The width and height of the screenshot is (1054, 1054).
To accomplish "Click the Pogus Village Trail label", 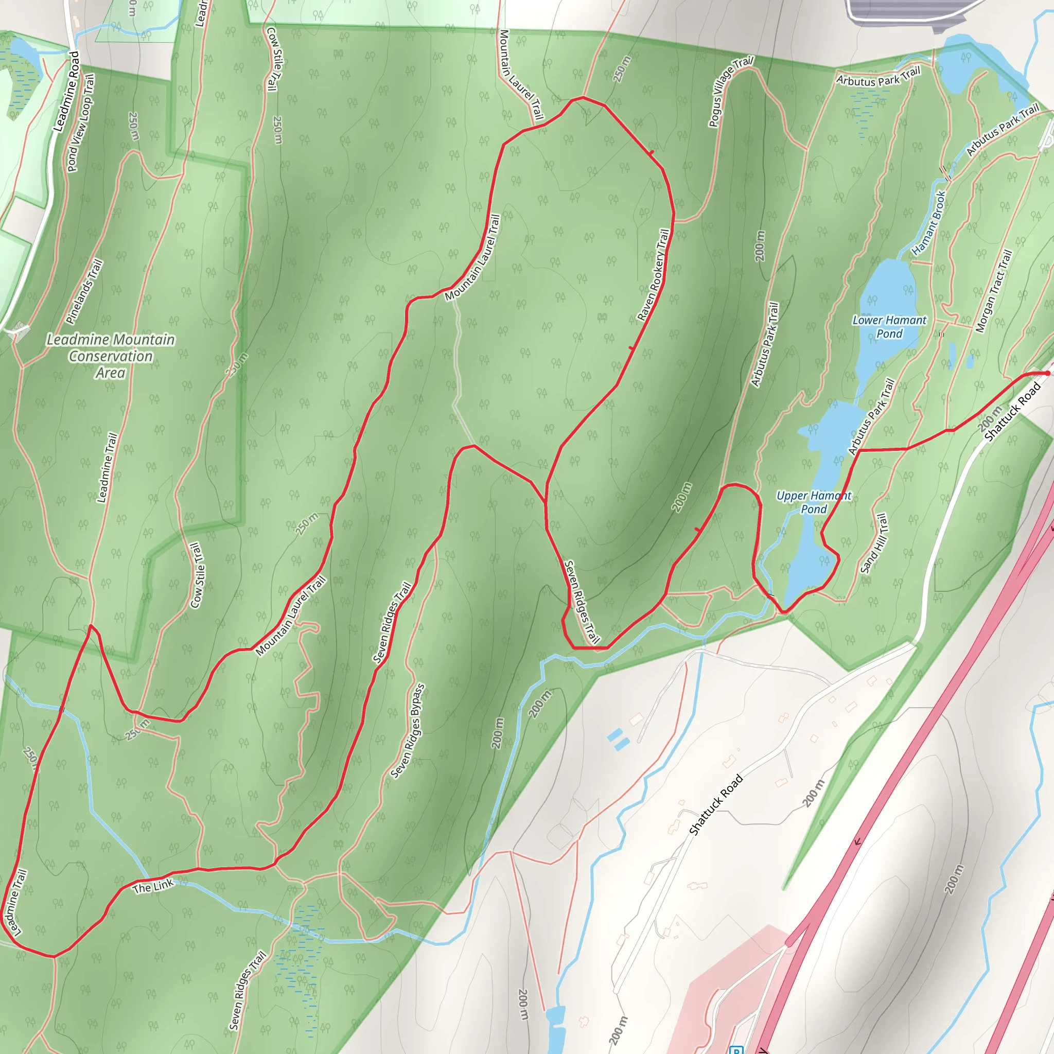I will (x=730, y=91).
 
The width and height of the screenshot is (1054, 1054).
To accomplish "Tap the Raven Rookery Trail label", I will (x=653, y=274).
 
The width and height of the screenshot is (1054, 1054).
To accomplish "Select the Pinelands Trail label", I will (x=84, y=291).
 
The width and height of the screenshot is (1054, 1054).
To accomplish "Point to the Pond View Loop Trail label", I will (x=81, y=123).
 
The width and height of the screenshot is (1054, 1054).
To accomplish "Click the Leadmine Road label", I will (x=66, y=91).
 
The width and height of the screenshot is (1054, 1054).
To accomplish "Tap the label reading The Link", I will (x=153, y=886).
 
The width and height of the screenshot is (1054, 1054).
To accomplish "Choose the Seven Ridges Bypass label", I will (x=408, y=730).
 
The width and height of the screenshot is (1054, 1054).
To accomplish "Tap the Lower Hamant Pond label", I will (x=889, y=327).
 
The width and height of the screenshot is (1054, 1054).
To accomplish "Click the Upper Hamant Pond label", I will (x=814, y=502).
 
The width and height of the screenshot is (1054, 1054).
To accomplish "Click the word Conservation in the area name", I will (x=111, y=356).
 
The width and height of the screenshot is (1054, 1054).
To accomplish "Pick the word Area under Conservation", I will (x=110, y=373).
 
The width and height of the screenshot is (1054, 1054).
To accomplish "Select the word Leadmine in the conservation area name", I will (x=79, y=339).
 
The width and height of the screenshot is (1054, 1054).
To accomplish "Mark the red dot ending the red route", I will (x=1047, y=373).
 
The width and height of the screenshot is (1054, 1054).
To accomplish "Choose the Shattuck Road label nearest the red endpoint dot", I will (x=1012, y=412).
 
